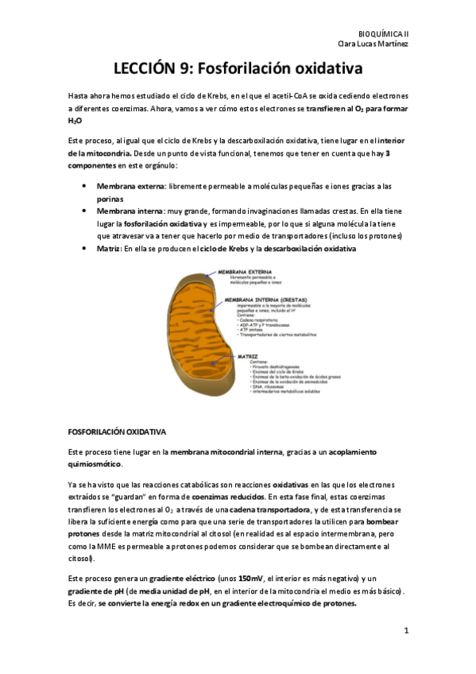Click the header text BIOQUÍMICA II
[384, 34]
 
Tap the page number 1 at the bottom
[405, 632]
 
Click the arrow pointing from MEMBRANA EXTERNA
[217, 274]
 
